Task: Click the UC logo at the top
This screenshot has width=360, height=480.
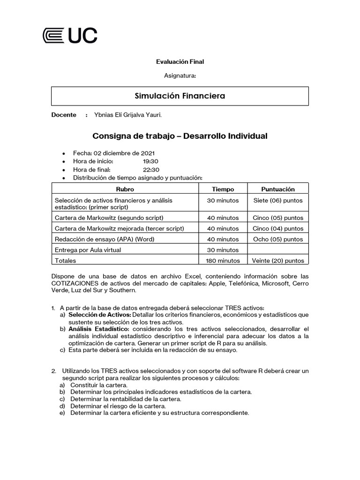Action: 70,36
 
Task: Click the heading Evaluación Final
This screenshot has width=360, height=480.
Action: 180,61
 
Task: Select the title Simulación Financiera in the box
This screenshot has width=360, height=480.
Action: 180,96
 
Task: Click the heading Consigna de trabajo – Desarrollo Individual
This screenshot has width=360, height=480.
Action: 180,136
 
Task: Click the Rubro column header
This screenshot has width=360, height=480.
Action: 125,189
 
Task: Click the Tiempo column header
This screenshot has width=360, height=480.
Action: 223,189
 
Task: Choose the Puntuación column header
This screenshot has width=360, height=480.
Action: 277,189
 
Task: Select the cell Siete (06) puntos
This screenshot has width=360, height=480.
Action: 277,201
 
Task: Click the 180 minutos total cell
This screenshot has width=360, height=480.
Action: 223,261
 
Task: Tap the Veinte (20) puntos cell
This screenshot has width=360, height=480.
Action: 277,261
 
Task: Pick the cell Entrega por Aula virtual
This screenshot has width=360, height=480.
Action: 88,250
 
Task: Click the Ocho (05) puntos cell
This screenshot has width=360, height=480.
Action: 277,239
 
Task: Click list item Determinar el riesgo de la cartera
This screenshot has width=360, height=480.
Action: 118,406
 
